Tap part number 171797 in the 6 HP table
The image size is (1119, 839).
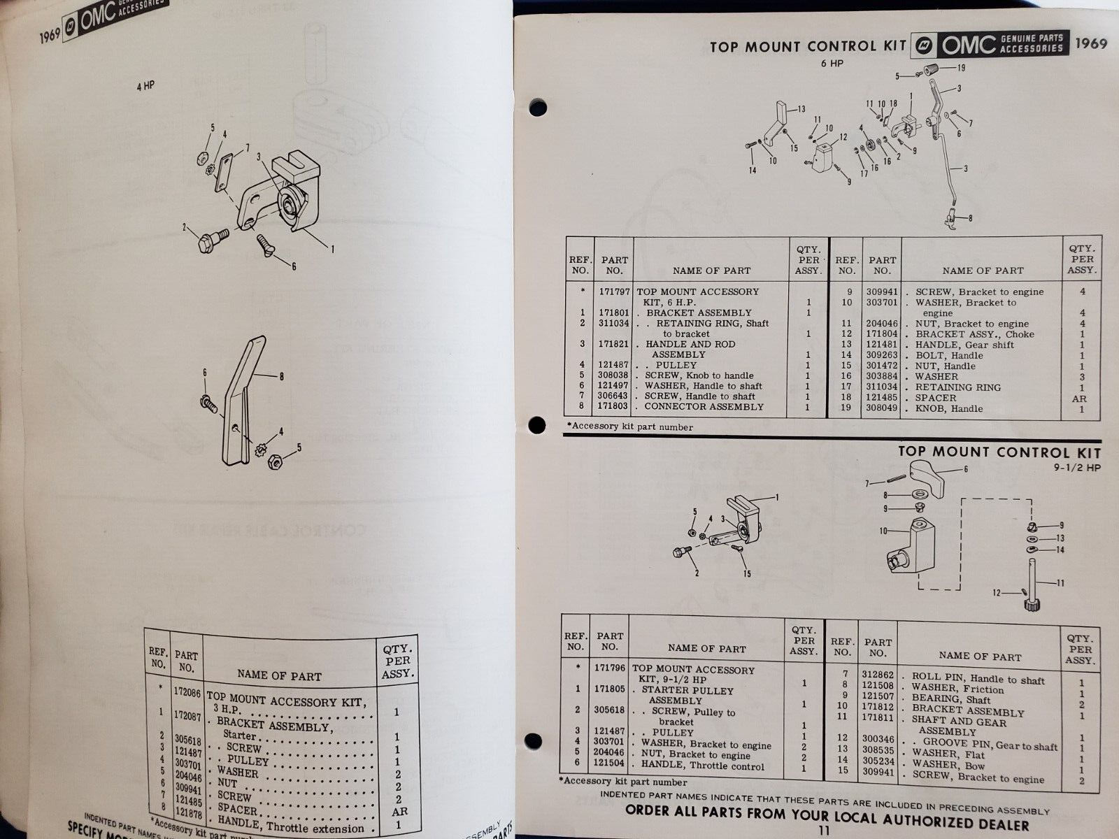point(613,292)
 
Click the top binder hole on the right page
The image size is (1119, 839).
point(537,108)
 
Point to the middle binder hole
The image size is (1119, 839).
point(536,424)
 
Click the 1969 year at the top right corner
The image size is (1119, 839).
point(1092,43)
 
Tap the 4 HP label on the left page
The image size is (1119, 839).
point(145,87)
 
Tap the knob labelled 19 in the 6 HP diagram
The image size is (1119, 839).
point(930,70)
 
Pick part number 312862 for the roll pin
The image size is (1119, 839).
point(878,675)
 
